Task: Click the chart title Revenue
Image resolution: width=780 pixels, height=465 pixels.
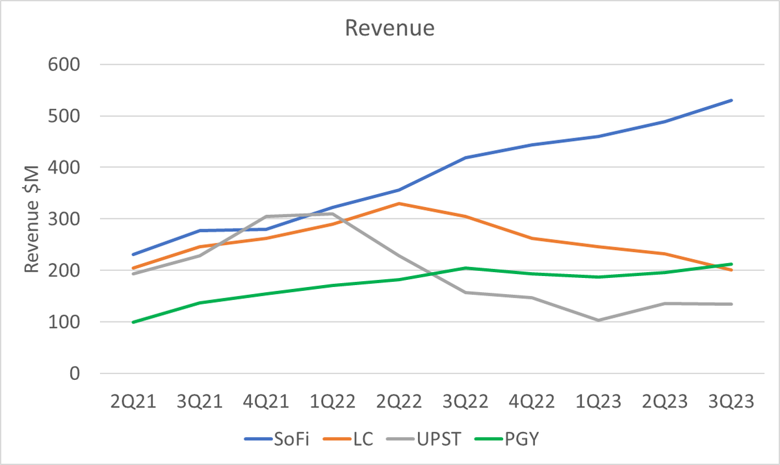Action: pyautogui.click(x=389, y=29)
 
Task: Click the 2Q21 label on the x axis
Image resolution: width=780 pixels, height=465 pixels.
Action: pyautogui.click(x=133, y=402)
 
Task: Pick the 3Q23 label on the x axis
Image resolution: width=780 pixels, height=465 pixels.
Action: pyautogui.click(x=731, y=402)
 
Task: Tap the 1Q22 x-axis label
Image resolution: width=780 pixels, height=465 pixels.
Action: pyautogui.click(x=332, y=402)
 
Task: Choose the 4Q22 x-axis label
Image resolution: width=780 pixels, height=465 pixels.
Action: pyautogui.click(x=532, y=402)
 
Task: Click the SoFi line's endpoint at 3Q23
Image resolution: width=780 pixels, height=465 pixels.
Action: pyautogui.click(x=731, y=100)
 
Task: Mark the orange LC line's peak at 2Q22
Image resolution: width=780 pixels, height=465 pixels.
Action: pyautogui.click(x=398, y=203)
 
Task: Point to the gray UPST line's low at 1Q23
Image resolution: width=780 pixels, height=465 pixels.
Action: pyautogui.click(x=598, y=320)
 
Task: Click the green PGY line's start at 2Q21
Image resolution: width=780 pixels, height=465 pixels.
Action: pyautogui.click(x=133, y=322)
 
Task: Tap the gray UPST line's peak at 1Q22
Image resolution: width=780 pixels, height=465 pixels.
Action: pyautogui.click(x=332, y=214)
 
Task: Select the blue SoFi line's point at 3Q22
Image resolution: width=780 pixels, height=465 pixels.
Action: pyautogui.click(x=465, y=158)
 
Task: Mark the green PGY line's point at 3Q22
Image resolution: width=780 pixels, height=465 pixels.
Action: pyautogui.click(x=465, y=268)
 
